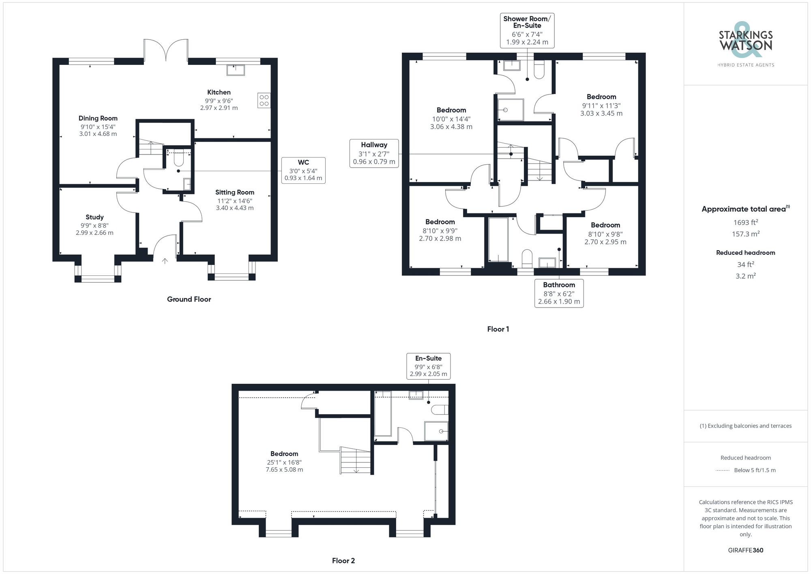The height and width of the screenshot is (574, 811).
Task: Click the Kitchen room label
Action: coord(219,92)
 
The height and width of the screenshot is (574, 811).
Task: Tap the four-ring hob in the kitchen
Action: coord(264,100)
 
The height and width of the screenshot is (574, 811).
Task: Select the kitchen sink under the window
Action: coord(236,70)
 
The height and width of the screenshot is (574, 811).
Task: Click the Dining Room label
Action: coord(98,118)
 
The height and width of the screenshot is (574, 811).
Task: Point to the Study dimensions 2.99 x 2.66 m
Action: coord(94,233)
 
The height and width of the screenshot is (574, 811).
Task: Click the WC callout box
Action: coord(303,170)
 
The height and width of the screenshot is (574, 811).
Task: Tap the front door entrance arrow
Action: coord(165,261)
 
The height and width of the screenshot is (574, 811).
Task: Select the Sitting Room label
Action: coord(234,192)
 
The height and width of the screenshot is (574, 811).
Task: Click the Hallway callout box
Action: coord(374,153)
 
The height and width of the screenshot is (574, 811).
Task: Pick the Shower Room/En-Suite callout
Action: coord(527,30)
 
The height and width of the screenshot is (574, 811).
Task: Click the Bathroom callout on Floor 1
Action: coord(559,293)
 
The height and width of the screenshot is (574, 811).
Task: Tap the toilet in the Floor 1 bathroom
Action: coord(527,258)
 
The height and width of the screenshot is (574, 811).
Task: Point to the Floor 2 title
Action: coord(343,561)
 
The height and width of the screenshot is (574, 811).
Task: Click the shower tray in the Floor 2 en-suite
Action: coord(436,431)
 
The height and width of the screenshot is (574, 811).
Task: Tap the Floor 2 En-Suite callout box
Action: coord(428,366)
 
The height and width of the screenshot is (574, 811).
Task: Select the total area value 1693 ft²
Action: coord(745,222)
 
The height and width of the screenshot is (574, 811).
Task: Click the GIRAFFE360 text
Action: coord(745,550)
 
